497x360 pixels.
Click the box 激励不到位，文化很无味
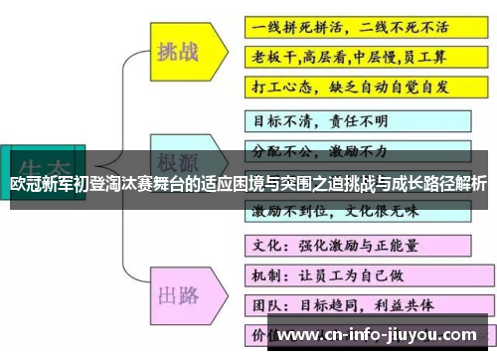tap(338, 211)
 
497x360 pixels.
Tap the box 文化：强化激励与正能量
tap(338, 244)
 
